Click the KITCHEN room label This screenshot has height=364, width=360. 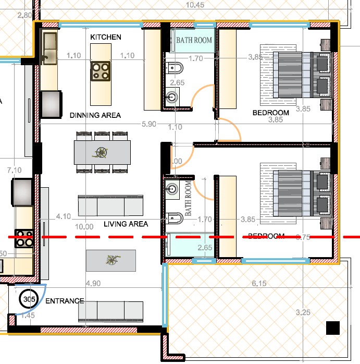click(106, 37)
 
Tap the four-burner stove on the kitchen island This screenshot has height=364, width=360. click(100, 71)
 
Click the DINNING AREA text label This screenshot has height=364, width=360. click(95, 115)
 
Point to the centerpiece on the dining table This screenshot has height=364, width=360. click(102, 153)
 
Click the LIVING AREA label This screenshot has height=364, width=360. click(126, 224)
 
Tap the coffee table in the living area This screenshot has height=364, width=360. click(110, 260)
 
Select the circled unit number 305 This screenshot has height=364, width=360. click(27, 299)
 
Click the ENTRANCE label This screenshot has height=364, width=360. click(65, 301)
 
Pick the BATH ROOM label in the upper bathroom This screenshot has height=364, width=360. click(194, 40)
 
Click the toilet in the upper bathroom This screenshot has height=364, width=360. click(175, 68)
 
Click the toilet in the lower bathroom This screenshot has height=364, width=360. click(174, 216)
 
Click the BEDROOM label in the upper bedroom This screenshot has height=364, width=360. click(270, 113)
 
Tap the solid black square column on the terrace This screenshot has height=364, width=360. click(333, 328)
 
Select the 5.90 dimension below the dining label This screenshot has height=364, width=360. click(149, 124)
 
